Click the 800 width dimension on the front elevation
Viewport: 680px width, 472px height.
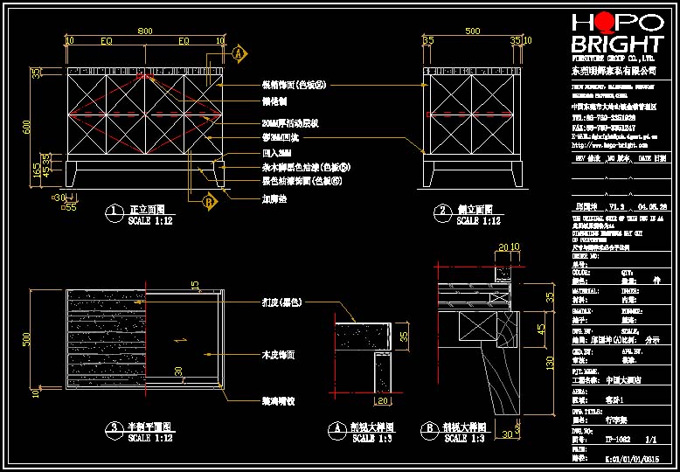[145, 31]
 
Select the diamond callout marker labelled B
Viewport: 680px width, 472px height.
[209, 202]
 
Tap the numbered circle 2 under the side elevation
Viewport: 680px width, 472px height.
[442, 212]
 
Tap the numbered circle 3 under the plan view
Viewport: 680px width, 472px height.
[114, 427]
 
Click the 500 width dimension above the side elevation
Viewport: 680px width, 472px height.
[472, 31]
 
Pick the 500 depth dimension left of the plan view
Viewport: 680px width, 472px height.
[26, 338]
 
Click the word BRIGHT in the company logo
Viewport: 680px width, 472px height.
[617, 45]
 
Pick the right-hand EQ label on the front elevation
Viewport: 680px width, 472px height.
[184, 41]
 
